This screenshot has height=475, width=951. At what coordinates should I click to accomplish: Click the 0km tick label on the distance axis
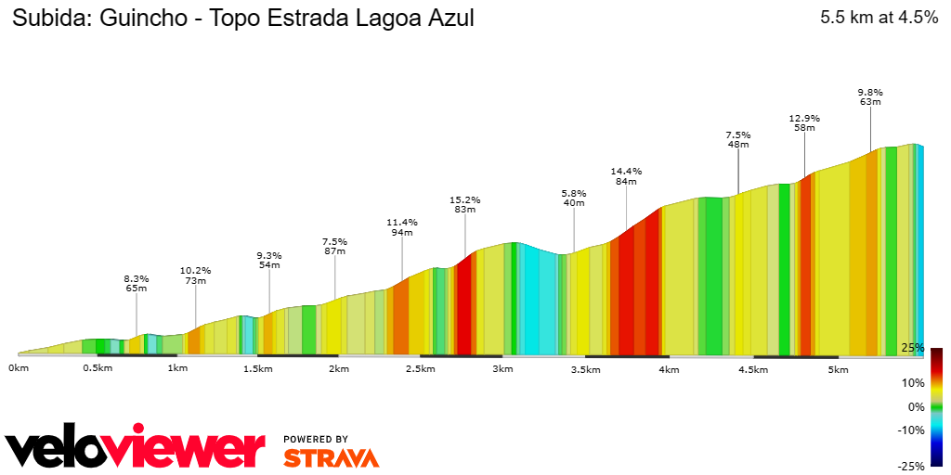(18, 368)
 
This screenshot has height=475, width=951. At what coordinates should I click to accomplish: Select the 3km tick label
(502, 369)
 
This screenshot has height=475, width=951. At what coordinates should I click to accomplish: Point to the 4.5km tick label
(753, 369)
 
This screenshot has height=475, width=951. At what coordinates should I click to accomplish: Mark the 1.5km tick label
(257, 369)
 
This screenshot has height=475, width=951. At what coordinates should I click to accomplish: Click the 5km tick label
(838, 369)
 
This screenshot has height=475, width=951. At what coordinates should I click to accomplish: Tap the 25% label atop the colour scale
(912, 348)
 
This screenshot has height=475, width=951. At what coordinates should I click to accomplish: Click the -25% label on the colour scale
(911, 466)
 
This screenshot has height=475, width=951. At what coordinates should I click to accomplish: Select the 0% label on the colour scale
(916, 406)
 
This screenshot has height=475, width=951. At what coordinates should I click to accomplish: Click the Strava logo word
(331, 457)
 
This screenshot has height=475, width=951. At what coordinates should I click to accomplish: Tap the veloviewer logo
(135, 449)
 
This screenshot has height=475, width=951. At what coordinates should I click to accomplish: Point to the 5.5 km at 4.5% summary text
(879, 17)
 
